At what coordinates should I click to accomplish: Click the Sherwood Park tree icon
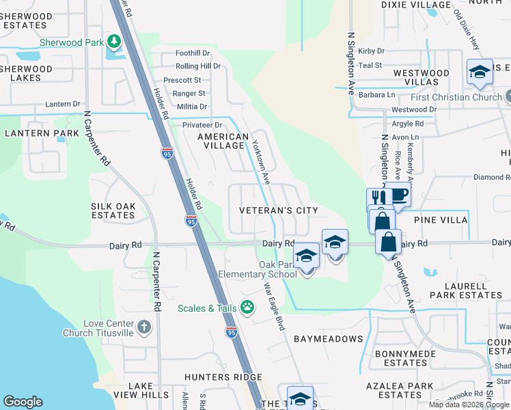114,42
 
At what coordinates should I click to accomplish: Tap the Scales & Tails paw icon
247,308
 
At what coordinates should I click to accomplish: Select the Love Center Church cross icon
143,327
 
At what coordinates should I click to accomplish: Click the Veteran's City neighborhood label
279,210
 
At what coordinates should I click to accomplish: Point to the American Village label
223,141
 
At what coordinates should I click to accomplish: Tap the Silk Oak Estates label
113,210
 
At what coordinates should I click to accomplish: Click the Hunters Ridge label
223,377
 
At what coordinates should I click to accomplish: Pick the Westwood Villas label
421,77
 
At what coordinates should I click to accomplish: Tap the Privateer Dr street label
202,125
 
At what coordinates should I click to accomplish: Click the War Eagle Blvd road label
274,307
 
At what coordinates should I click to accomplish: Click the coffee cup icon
398,194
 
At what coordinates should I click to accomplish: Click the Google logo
23,402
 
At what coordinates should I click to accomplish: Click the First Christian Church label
456,97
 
